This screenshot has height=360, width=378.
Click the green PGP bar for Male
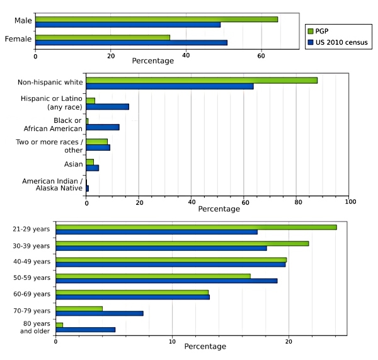coord(156,19)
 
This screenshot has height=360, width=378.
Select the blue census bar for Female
coord(131,43)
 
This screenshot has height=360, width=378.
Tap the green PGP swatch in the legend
coord(310,30)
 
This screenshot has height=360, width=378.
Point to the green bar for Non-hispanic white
coord(202,80)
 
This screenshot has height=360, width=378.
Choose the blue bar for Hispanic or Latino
coord(107,107)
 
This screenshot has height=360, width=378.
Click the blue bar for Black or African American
coord(103,127)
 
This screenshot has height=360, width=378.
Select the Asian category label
coord(72,164)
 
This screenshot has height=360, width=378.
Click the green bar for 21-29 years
coord(196,227)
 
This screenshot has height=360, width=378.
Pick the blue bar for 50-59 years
coord(166,281)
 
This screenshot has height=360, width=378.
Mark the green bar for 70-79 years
coord(79,308)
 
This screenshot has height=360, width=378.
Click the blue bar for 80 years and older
coord(86,330)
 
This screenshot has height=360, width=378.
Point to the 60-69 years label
coord(32,294)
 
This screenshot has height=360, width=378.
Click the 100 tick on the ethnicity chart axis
coord(350,202)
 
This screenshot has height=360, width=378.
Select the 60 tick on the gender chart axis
coord(261,55)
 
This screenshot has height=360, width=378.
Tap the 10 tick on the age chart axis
coord(173,342)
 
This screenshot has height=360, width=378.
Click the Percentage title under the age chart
coord(205,347)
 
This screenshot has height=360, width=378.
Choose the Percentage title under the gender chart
coord(152,61)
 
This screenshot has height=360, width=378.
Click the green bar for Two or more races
coord(97,141)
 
